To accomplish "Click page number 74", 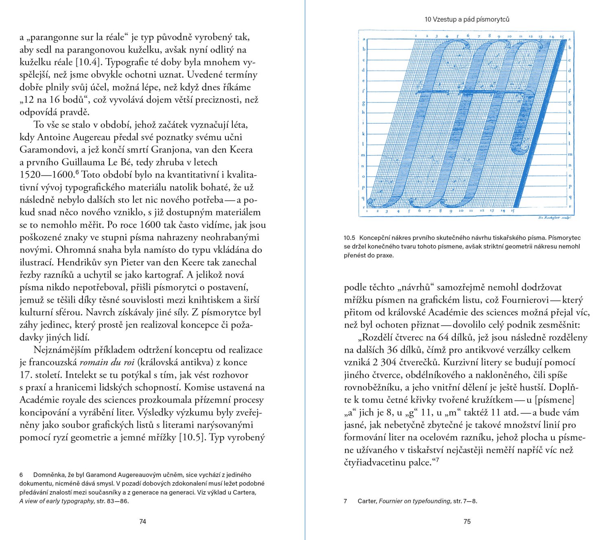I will coord(142,521).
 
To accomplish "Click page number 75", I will coord(467,521).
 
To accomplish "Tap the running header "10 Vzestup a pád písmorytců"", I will coord(467,19).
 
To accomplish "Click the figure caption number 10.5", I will coord(349,238).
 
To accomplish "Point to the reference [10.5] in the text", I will coord(192,438).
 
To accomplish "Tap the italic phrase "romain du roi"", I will coord(107,362).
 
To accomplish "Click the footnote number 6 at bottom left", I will coord(22,475).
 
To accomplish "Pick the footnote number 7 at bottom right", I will coord(345,501).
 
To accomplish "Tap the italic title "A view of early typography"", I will coord(57,501).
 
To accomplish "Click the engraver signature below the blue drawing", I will coord(554,218).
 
